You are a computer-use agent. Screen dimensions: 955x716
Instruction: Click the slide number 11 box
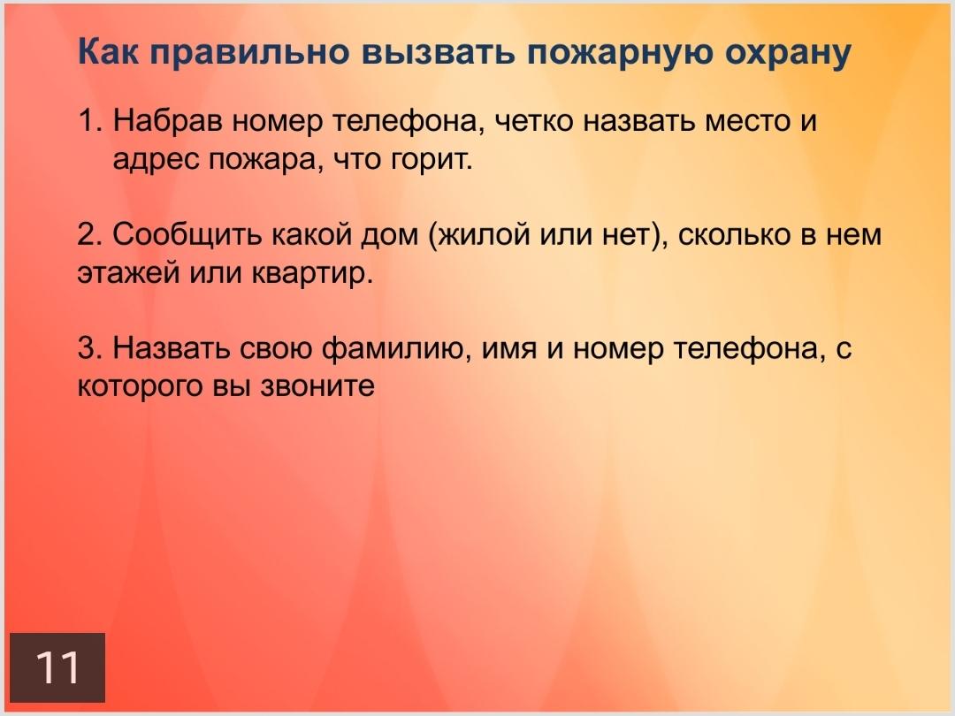[57, 667]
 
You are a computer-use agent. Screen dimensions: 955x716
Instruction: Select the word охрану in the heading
[788, 53]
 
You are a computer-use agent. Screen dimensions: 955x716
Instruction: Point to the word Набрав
[168, 120]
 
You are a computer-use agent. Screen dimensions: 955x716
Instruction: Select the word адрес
[156, 161]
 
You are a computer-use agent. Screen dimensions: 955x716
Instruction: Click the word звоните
[317, 387]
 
